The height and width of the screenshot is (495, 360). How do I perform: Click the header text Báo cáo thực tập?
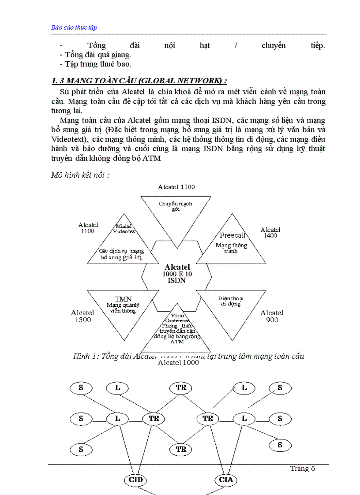tap(74, 27)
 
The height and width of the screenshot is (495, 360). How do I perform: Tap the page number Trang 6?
tap(302, 469)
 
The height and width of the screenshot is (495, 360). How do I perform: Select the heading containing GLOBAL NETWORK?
tap(139, 81)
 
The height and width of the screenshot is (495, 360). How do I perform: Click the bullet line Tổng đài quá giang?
tap(95, 55)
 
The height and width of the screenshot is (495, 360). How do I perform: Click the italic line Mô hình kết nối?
tap(80, 175)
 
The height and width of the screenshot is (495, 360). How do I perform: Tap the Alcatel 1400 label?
tap(270, 233)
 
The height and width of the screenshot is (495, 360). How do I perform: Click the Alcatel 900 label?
tap(272, 316)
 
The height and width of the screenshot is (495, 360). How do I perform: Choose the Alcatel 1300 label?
tap(82, 316)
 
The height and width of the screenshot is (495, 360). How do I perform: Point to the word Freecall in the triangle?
tap(232, 235)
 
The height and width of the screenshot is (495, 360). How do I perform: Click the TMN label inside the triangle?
tap(123, 299)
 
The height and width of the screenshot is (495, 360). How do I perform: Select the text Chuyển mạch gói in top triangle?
tap(176, 206)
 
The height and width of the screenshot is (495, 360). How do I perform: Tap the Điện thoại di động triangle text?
tap(231, 301)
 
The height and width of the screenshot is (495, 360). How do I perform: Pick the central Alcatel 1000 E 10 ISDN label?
tap(177, 274)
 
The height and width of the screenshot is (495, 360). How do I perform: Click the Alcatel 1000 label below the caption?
tap(178, 363)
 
